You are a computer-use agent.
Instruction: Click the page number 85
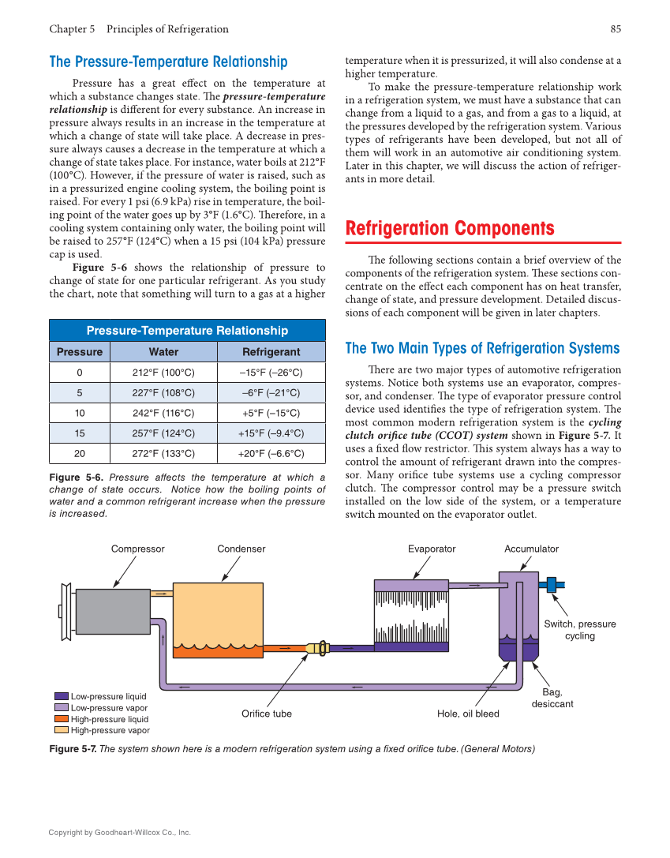(x=616, y=29)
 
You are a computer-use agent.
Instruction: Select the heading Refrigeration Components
(x=450, y=229)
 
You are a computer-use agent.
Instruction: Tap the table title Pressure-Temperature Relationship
(x=187, y=331)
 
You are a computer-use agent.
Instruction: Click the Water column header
(x=163, y=352)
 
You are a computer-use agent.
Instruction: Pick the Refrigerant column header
(x=271, y=352)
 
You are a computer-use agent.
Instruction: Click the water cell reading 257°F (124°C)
(x=163, y=433)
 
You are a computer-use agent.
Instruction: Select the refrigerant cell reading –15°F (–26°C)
(x=271, y=373)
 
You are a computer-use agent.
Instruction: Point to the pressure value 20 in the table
(x=80, y=454)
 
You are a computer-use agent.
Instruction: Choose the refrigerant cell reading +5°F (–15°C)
(x=271, y=413)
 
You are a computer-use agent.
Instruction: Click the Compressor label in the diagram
(x=137, y=549)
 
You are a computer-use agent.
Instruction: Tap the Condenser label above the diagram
(x=241, y=549)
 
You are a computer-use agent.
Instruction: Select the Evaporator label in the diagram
(x=432, y=549)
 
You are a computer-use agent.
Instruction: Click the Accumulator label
(x=531, y=549)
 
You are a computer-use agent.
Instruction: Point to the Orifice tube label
(x=266, y=714)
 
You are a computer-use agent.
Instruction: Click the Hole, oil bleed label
(x=468, y=714)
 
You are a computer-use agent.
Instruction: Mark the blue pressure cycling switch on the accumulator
(x=552, y=585)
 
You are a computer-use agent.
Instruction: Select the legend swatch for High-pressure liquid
(x=62, y=719)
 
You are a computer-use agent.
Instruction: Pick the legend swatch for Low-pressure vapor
(x=62, y=708)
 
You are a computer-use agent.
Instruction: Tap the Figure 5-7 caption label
(x=73, y=749)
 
